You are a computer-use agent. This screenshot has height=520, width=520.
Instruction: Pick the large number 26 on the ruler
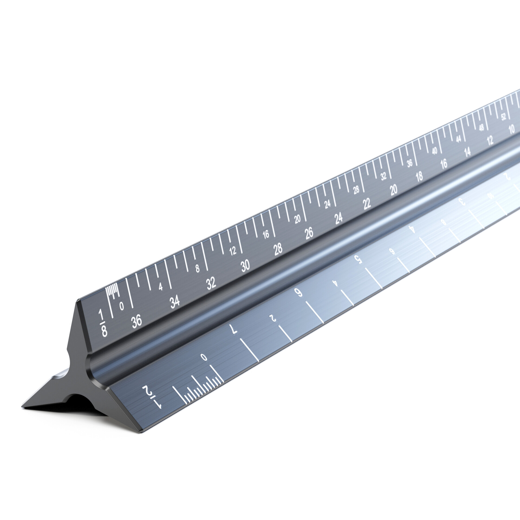tap(309, 233)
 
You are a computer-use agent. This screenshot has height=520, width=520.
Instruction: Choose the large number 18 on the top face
tap(419, 177)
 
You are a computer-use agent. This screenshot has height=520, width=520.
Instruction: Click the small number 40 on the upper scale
tap(435, 151)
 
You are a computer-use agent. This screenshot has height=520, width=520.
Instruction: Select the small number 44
tap(458, 139)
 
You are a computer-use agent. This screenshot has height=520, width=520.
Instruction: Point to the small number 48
tap(481, 128)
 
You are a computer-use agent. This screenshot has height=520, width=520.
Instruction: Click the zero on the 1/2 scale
tap(204, 357)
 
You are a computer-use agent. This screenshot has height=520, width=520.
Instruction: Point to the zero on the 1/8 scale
tap(122, 305)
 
